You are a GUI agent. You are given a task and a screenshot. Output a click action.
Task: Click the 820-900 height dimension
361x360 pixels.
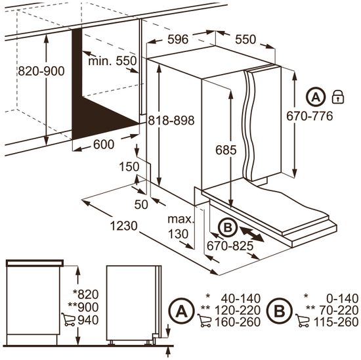(x=41, y=71)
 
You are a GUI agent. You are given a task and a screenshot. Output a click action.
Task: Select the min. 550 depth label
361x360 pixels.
(x=113, y=61)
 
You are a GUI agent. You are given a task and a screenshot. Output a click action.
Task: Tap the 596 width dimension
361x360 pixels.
(x=178, y=39)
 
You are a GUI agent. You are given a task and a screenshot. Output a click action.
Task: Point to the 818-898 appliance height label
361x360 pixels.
(x=171, y=120)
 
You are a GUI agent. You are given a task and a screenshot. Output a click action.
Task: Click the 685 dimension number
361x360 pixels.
(x=226, y=150)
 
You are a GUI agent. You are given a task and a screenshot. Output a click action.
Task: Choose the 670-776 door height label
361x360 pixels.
(x=310, y=116)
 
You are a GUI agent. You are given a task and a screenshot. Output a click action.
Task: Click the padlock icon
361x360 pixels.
(x=338, y=97)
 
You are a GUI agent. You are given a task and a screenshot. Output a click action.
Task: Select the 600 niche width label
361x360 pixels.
(x=104, y=145)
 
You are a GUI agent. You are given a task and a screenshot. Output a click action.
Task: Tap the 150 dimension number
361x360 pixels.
(x=129, y=166)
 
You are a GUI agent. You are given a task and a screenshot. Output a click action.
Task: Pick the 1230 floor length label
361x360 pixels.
(x=123, y=226)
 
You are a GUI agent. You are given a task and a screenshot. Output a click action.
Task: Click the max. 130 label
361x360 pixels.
(x=181, y=227)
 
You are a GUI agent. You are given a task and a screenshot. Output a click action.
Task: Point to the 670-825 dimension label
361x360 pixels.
(x=230, y=246)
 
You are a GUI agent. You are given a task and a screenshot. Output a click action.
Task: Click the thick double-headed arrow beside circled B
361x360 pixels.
(x=252, y=234)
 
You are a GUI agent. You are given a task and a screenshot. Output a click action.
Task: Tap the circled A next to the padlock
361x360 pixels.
(x=316, y=97)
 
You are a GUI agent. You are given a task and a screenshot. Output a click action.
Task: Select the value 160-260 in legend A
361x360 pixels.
(x=238, y=322)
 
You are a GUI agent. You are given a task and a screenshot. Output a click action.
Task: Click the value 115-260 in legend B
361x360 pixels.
(x=336, y=322)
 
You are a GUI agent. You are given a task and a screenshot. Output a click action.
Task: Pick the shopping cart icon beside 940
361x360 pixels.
(x=68, y=319)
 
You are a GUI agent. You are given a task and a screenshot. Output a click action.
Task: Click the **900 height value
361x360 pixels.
(x=83, y=307)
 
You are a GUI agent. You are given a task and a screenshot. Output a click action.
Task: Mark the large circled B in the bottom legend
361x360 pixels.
(x=280, y=311)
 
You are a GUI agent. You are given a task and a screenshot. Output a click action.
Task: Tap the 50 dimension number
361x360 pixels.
(x=141, y=204)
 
